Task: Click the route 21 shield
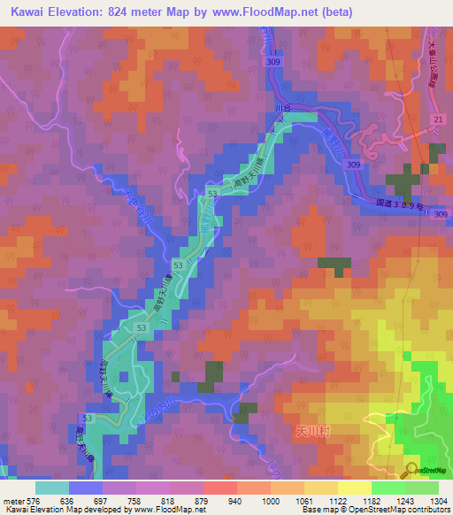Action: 436,119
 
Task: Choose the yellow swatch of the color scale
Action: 354,488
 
